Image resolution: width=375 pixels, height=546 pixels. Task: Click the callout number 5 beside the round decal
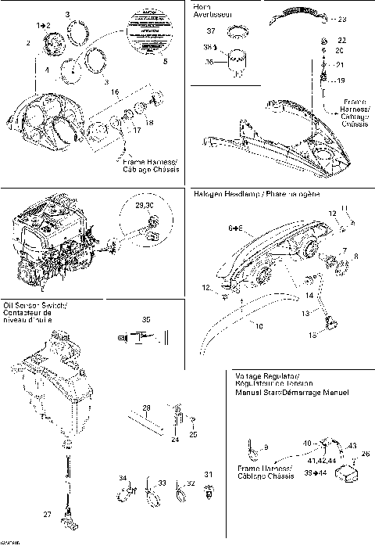[164, 61]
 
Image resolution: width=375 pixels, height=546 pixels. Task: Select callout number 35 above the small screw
[145, 319]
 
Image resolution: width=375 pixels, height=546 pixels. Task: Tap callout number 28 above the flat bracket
[145, 406]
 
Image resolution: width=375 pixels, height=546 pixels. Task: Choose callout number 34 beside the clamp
[121, 478]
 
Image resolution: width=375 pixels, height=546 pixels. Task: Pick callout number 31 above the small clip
[207, 475]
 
